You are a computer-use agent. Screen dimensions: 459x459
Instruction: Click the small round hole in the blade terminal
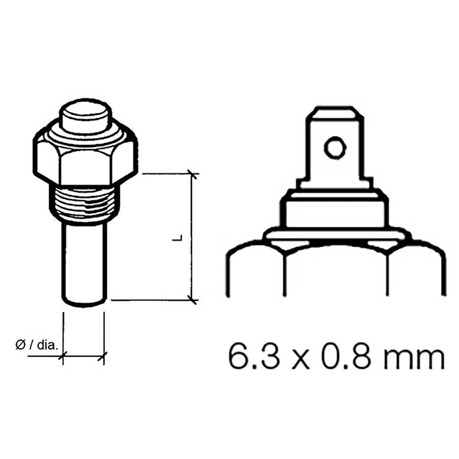[x=334, y=148]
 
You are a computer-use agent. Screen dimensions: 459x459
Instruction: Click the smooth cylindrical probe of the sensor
[x=84, y=262]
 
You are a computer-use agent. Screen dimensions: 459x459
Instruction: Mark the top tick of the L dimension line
[x=192, y=174]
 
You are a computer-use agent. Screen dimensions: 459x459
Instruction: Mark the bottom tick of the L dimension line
[x=192, y=300]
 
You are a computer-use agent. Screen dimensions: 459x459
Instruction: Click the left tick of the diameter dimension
[x=63, y=355]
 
